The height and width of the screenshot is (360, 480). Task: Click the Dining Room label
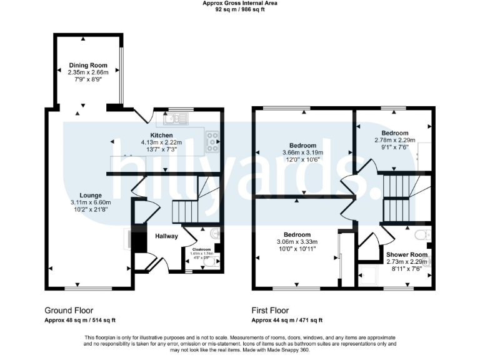pos(88,65)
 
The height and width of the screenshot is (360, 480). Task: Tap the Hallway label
pos(167,236)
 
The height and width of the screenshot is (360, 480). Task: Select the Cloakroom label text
pos(200,249)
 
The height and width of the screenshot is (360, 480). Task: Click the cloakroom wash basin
pos(216,234)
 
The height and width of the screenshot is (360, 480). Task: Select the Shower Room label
pos(407,254)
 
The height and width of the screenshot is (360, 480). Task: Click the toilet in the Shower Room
pos(425,235)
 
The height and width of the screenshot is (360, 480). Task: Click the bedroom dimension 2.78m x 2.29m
pos(395,141)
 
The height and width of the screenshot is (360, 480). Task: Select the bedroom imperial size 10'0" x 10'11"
pos(297,249)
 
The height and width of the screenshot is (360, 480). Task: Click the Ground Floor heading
pos(69,310)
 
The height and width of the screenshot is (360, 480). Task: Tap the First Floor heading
pos(270,310)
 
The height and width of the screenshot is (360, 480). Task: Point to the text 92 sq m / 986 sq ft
pos(240,9)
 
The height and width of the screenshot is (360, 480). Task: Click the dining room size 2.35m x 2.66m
pos(88,72)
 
